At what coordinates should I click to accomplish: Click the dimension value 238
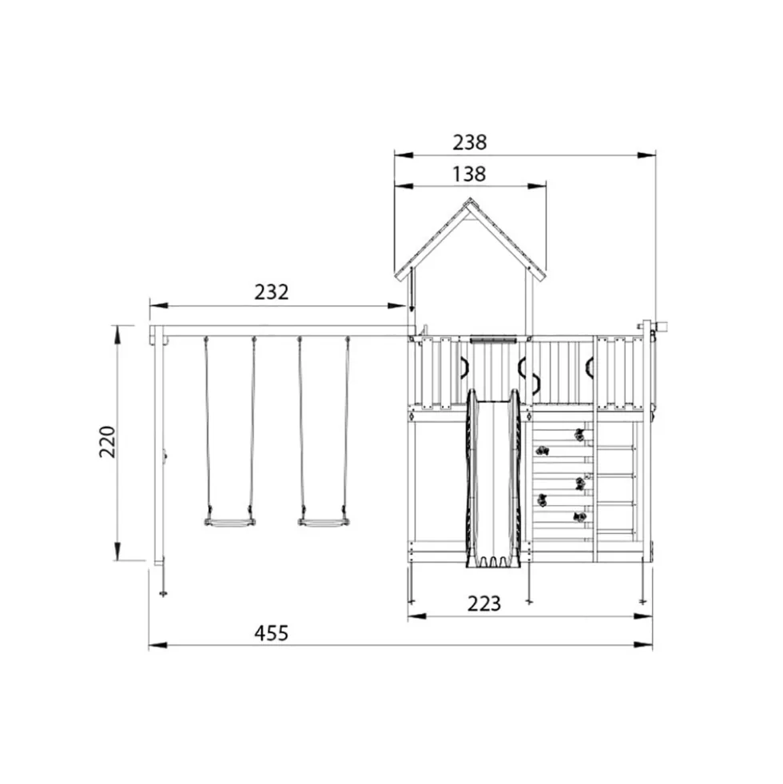pyautogui.click(x=470, y=142)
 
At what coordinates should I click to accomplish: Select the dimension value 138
pyautogui.click(x=469, y=174)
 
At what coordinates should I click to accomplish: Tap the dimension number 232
pyautogui.click(x=272, y=292)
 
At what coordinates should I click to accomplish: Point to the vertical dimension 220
pyautogui.click(x=108, y=442)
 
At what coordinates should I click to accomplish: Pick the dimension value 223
pyautogui.click(x=484, y=604)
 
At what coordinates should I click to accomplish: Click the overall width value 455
pyautogui.click(x=272, y=634)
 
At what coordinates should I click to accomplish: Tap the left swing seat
pyautogui.click(x=229, y=523)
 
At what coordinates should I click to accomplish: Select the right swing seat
pyautogui.click(x=324, y=523)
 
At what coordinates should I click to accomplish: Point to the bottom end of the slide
pyautogui.click(x=494, y=564)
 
